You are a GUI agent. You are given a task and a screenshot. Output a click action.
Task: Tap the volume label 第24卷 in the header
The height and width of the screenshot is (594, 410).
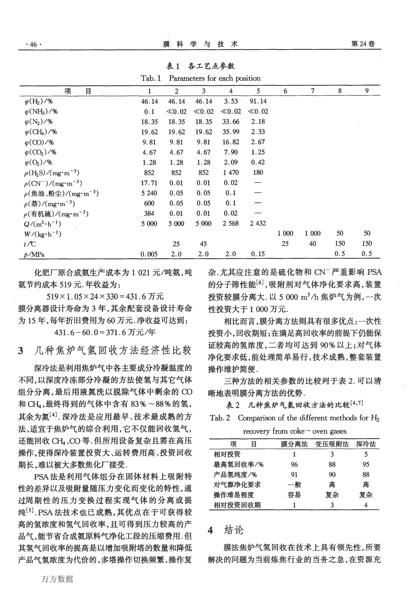click(x=363, y=44)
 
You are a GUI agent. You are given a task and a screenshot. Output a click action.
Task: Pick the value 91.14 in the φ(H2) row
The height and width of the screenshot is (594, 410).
click(x=258, y=101)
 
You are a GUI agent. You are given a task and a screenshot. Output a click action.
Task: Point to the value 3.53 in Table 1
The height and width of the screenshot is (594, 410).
click(x=231, y=101)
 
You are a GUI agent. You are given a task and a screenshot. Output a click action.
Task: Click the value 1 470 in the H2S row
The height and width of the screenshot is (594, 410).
click(x=231, y=172)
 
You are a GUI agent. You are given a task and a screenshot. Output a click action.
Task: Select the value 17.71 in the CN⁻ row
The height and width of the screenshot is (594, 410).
click(x=149, y=183)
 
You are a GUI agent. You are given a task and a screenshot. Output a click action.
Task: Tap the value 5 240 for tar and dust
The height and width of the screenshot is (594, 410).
click(x=149, y=193)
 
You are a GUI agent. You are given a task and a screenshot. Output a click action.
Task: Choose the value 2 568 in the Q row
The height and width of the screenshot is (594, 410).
click(x=231, y=223)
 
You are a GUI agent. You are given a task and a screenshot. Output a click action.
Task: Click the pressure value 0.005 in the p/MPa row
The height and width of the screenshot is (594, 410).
click(x=149, y=254)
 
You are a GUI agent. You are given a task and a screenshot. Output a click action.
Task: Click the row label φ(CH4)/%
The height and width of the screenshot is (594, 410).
click(x=41, y=132)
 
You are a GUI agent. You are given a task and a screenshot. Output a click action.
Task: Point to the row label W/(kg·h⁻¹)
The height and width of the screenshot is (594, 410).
click(x=42, y=234)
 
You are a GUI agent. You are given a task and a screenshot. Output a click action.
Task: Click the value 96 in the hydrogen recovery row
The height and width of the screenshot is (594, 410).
click(x=294, y=464)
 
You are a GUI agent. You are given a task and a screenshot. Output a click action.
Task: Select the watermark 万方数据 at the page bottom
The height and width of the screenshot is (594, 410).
click(x=57, y=579)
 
